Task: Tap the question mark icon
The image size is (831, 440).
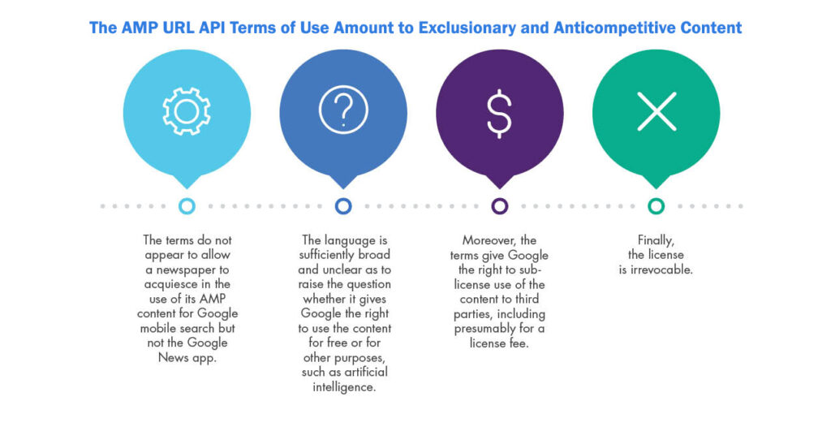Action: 343,110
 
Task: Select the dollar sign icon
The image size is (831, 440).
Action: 499,113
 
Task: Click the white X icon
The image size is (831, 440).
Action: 657,111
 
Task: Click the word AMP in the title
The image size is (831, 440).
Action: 138,28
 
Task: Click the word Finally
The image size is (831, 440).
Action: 656,240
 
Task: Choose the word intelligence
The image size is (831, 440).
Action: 344,387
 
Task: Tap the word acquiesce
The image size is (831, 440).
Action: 171,284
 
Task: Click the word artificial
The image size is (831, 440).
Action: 366,372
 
